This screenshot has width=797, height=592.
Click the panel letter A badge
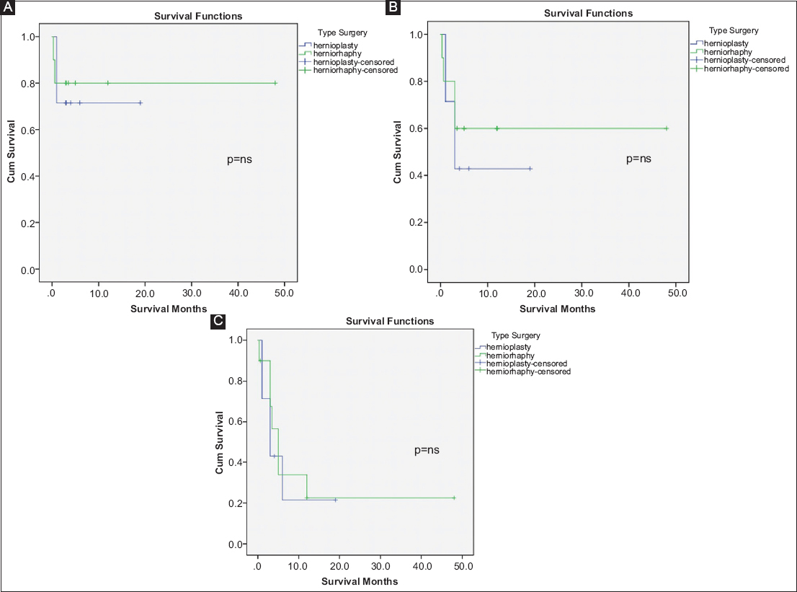coord(9,9)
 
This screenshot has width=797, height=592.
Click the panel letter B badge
coord(393,7)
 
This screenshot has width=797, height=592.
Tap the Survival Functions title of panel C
coord(390,321)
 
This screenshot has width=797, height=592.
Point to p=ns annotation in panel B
coord(638,159)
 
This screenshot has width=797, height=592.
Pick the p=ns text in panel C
coord(427,450)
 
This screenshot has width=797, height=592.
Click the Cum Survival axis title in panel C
coord(220,443)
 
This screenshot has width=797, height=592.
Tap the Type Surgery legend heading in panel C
coord(515,335)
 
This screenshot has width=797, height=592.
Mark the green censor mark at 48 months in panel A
coord(275,83)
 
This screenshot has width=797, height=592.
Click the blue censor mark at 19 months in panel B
coord(530,169)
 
